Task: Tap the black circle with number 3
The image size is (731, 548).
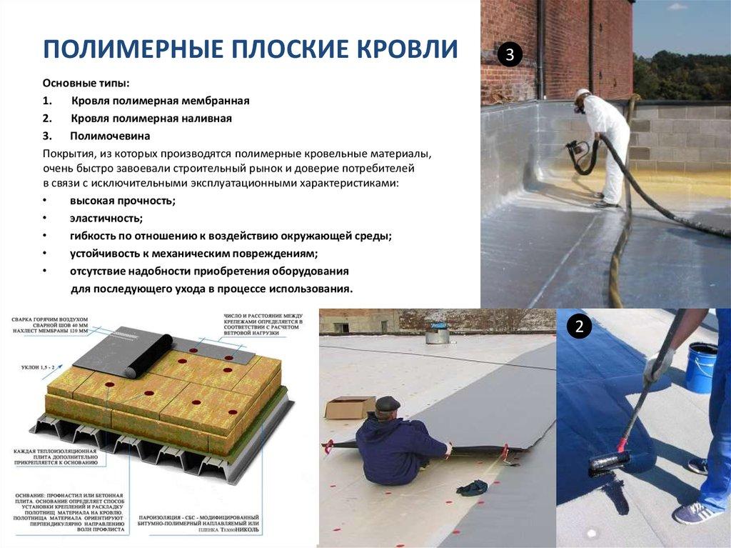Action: click(x=509, y=55)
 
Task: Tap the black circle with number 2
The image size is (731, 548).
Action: click(x=579, y=327)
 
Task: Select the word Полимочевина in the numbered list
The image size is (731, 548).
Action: click(x=110, y=135)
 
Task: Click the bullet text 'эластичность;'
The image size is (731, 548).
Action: click(x=106, y=218)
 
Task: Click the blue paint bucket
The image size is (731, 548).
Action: click(x=702, y=367)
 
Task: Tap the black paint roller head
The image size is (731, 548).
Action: click(x=609, y=463)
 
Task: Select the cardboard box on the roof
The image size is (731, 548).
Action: click(x=349, y=407)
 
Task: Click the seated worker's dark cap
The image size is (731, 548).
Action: click(x=388, y=404)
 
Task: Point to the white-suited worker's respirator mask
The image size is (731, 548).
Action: click(x=580, y=108)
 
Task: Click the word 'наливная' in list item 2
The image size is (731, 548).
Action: click(x=208, y=118)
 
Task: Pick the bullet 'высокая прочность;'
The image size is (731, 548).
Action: click(x=122, y=201)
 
